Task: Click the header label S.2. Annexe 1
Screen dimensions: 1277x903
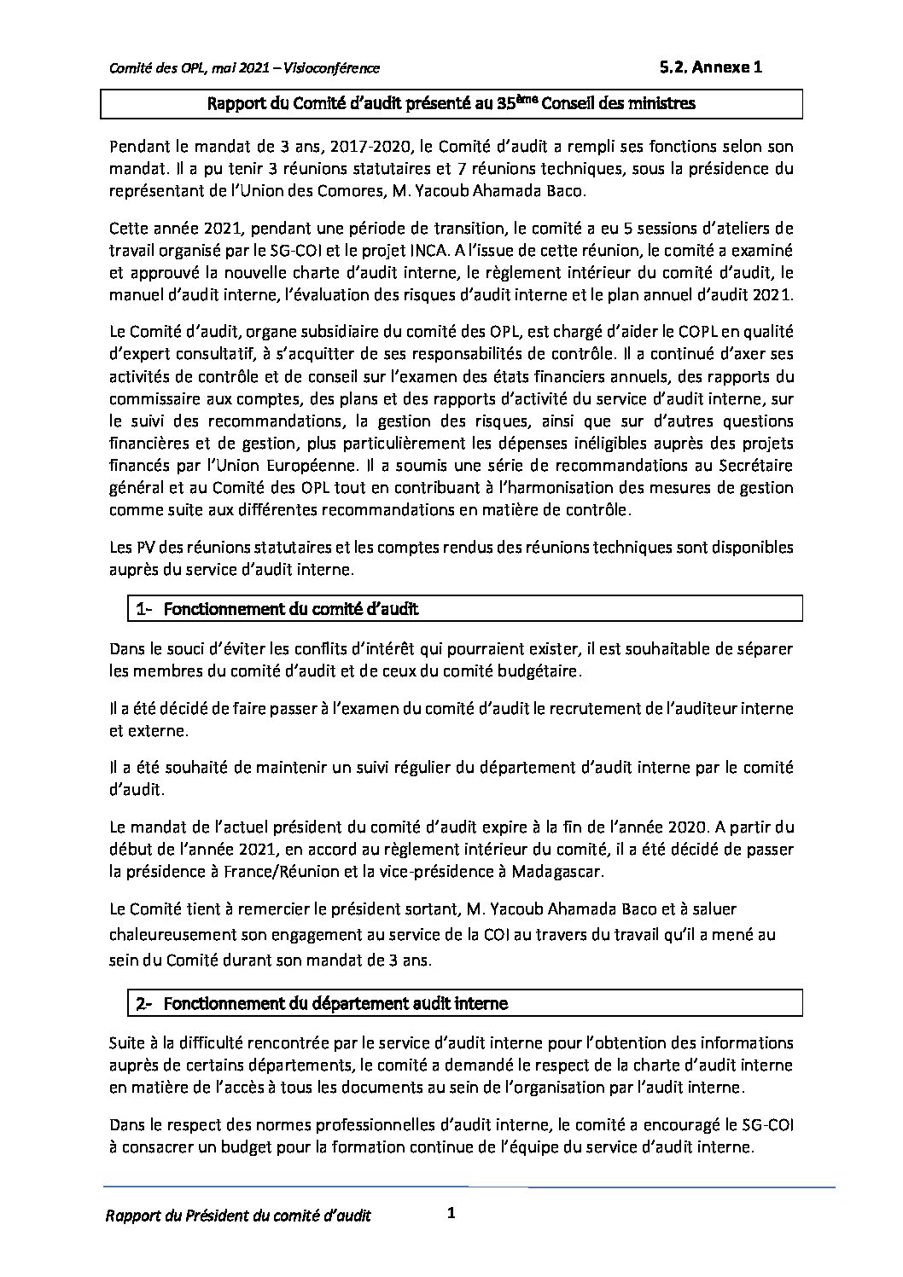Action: pyautogui.click(x=710, y=67)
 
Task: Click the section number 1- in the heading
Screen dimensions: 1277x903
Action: pyautogui.click(x=143, y=608)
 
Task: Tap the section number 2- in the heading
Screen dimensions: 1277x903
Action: pyautogui.click(x=143, y=1004)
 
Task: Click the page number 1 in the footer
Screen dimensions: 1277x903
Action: pyautogui.click(x=451, y=1213)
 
